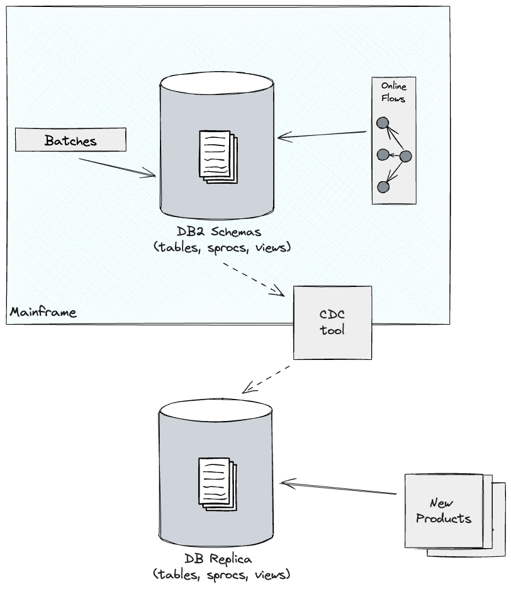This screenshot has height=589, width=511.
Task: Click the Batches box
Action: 70,140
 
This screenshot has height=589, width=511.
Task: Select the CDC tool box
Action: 332,322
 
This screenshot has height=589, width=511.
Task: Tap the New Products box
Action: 444,511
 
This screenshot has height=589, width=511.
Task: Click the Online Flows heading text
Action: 394,93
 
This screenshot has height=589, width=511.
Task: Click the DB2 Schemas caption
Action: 223,240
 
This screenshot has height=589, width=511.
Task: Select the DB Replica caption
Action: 222,566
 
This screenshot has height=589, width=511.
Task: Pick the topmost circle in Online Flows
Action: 382,124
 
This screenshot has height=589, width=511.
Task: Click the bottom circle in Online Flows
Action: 383,187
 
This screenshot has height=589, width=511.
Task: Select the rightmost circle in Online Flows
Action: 405,155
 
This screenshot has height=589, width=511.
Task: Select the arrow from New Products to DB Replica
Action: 340,489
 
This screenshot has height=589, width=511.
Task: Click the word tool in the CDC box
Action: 332,330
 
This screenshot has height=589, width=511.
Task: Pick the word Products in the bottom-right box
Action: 444,519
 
